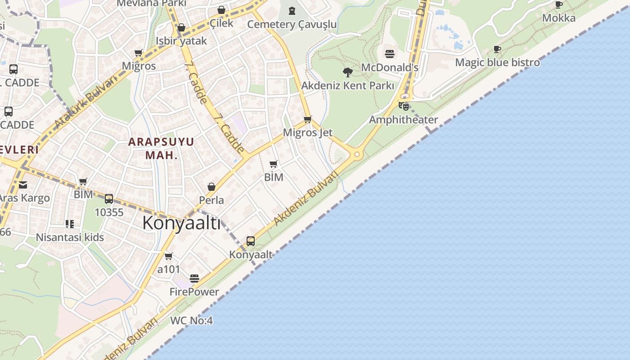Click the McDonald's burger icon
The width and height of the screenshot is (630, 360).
tap(390, 54)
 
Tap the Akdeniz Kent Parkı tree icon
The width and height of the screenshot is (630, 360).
tap(347, 72)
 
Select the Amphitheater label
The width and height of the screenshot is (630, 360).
tap(403, 120)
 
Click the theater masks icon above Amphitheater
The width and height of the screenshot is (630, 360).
tap(403, 106)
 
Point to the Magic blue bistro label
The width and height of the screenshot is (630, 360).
tap(497, 63)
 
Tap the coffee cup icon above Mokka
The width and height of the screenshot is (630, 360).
tap(558, 5)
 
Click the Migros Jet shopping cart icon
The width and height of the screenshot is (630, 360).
tap(308, 119)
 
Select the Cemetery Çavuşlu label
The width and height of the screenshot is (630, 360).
tap(292, 24)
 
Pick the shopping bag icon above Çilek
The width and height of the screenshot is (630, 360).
tap(221, 10)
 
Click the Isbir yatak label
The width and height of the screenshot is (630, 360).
tap(181, 41)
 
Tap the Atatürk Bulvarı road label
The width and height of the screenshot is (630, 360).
tap(85, 102)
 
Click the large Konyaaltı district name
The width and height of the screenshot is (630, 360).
tap(181, 223)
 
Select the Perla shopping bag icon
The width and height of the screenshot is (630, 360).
tap(211, 187)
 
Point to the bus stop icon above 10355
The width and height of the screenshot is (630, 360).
tap(109, 199)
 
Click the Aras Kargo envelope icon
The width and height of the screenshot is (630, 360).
tap(23, 184)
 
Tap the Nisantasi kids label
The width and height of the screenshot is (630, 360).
tap(70, 238)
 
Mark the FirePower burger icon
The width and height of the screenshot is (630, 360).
tap(194, 279)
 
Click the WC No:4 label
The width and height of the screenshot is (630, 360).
tap(191, 321)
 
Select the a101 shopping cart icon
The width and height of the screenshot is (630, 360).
tap(169, 256)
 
